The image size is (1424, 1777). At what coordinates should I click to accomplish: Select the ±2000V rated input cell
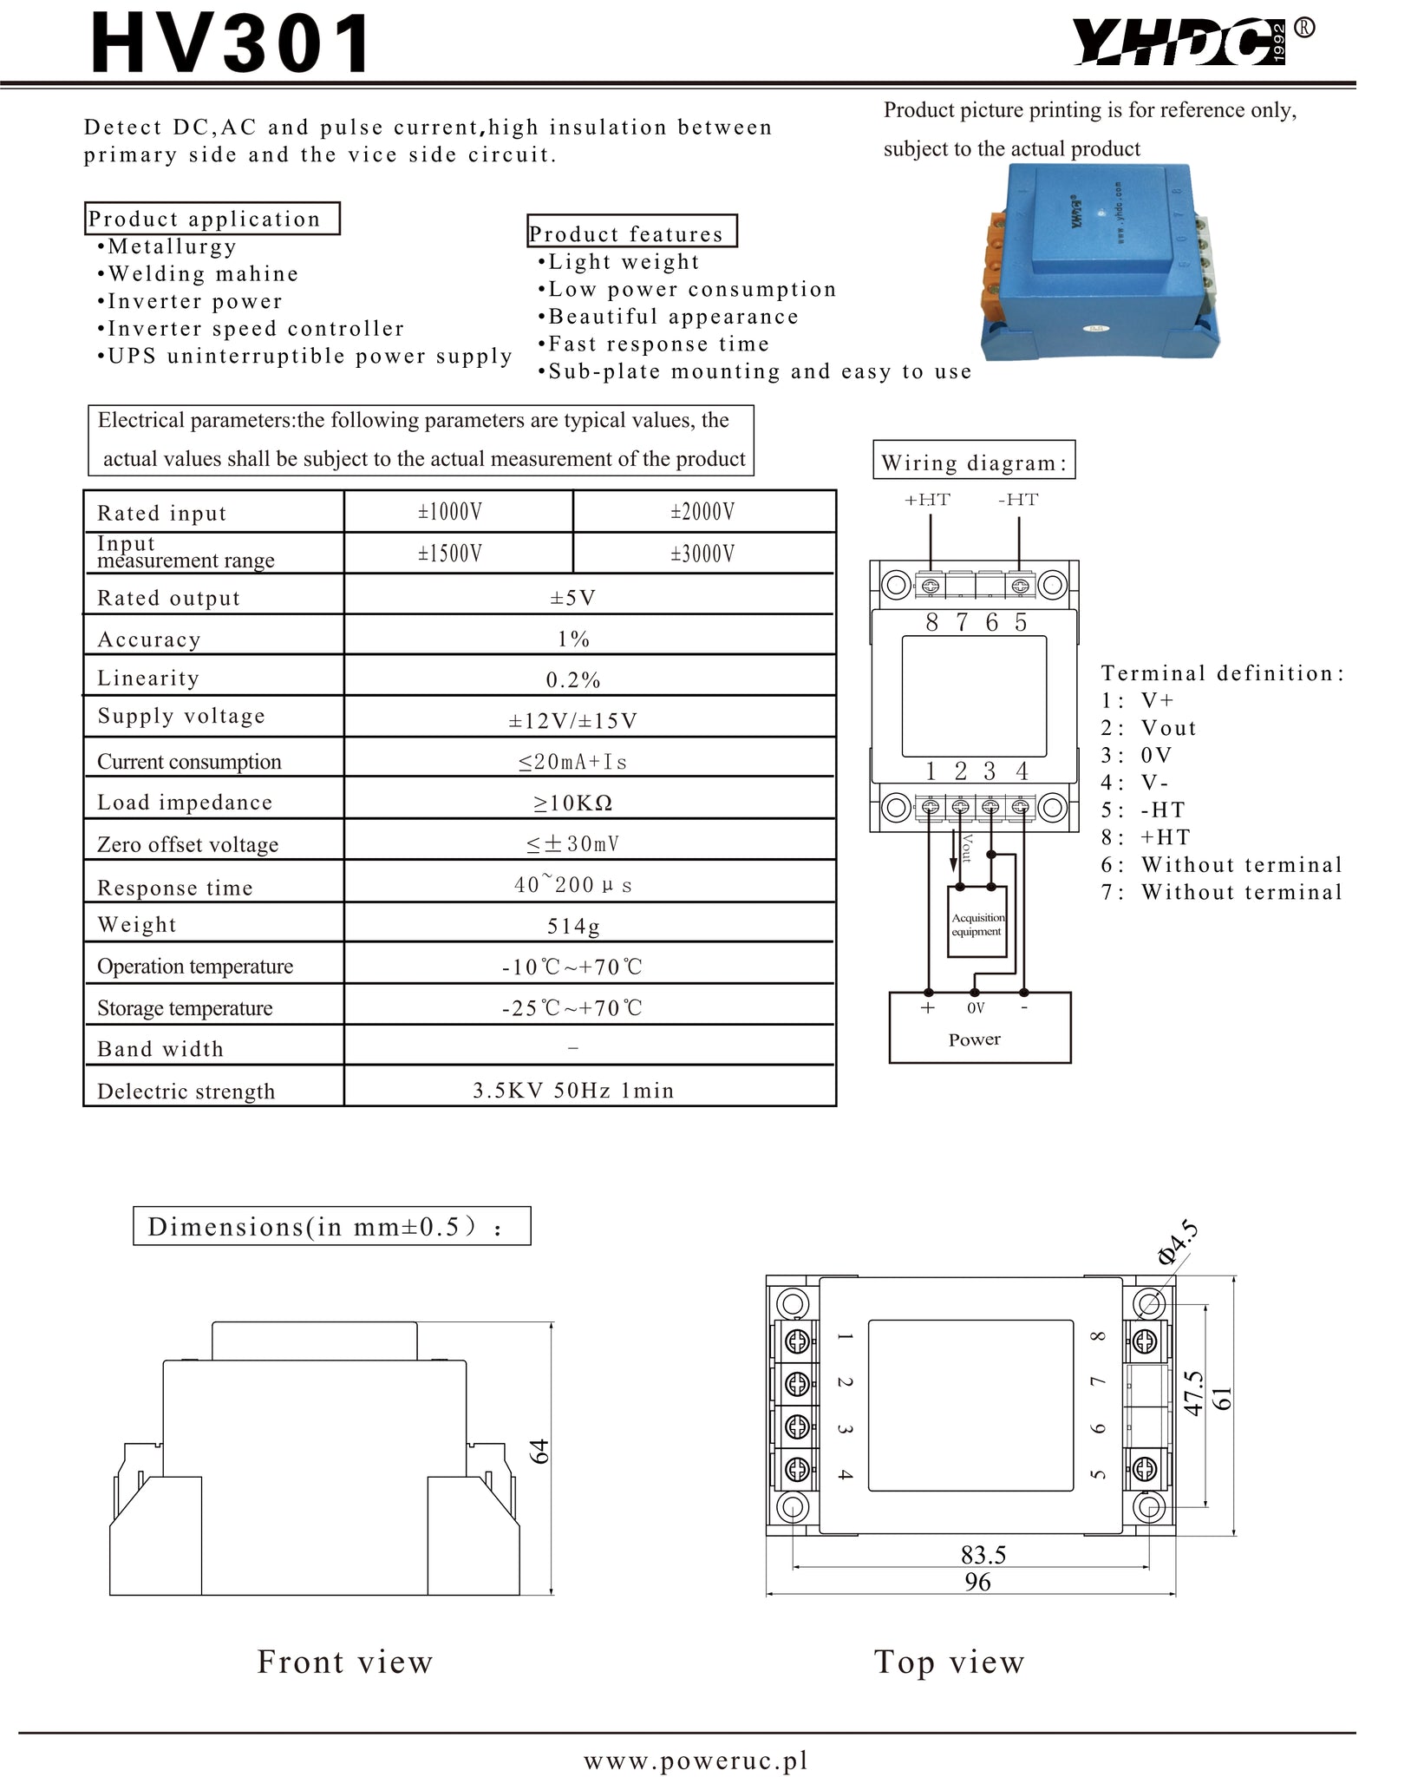(x=702, y=512)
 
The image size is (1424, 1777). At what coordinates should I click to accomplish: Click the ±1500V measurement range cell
(x=449, y=554)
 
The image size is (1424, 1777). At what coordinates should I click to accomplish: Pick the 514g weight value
(x=572, y=926)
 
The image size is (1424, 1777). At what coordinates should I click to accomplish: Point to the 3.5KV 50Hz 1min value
(x=573, y=1091)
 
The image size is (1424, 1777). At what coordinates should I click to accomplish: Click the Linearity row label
(x=148, y=678)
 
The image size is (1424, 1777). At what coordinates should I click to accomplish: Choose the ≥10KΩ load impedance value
(x=572, y=803)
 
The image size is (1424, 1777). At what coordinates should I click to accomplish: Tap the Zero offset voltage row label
(x=188, y=844)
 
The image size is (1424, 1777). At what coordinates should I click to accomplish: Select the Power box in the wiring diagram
(x=979, y=1028)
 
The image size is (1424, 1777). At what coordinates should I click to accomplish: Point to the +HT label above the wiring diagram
(x=927, y=500)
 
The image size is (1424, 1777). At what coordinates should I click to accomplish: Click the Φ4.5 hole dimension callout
(x=1177, y=1242)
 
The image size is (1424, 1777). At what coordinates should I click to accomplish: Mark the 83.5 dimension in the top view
(x=983, y=1554)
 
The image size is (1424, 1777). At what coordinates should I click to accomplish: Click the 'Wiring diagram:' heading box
(x=973, y=462)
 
